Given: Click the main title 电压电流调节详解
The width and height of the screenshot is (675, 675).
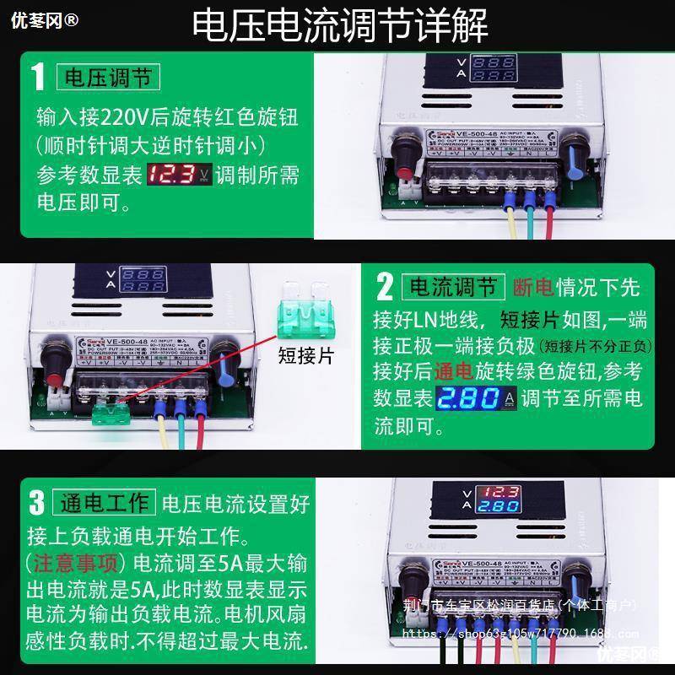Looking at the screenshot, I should click(340, 26).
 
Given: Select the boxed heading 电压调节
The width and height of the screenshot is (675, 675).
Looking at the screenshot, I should click(107, 78).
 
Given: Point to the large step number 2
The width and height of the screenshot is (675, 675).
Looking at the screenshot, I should click(385, 287).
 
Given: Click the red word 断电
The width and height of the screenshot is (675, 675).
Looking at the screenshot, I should click(533, 287).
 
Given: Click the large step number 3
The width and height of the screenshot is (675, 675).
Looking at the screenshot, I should click(36, 504).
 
